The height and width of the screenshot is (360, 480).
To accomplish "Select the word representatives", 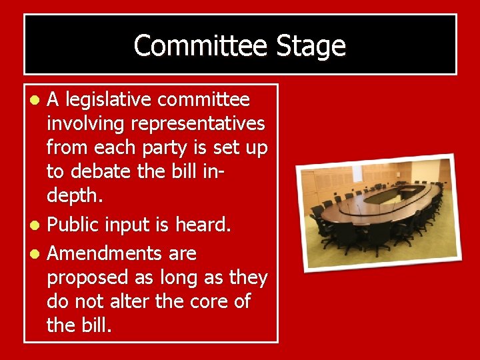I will pos(199,124).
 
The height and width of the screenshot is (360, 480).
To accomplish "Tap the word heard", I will pos(203,225).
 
